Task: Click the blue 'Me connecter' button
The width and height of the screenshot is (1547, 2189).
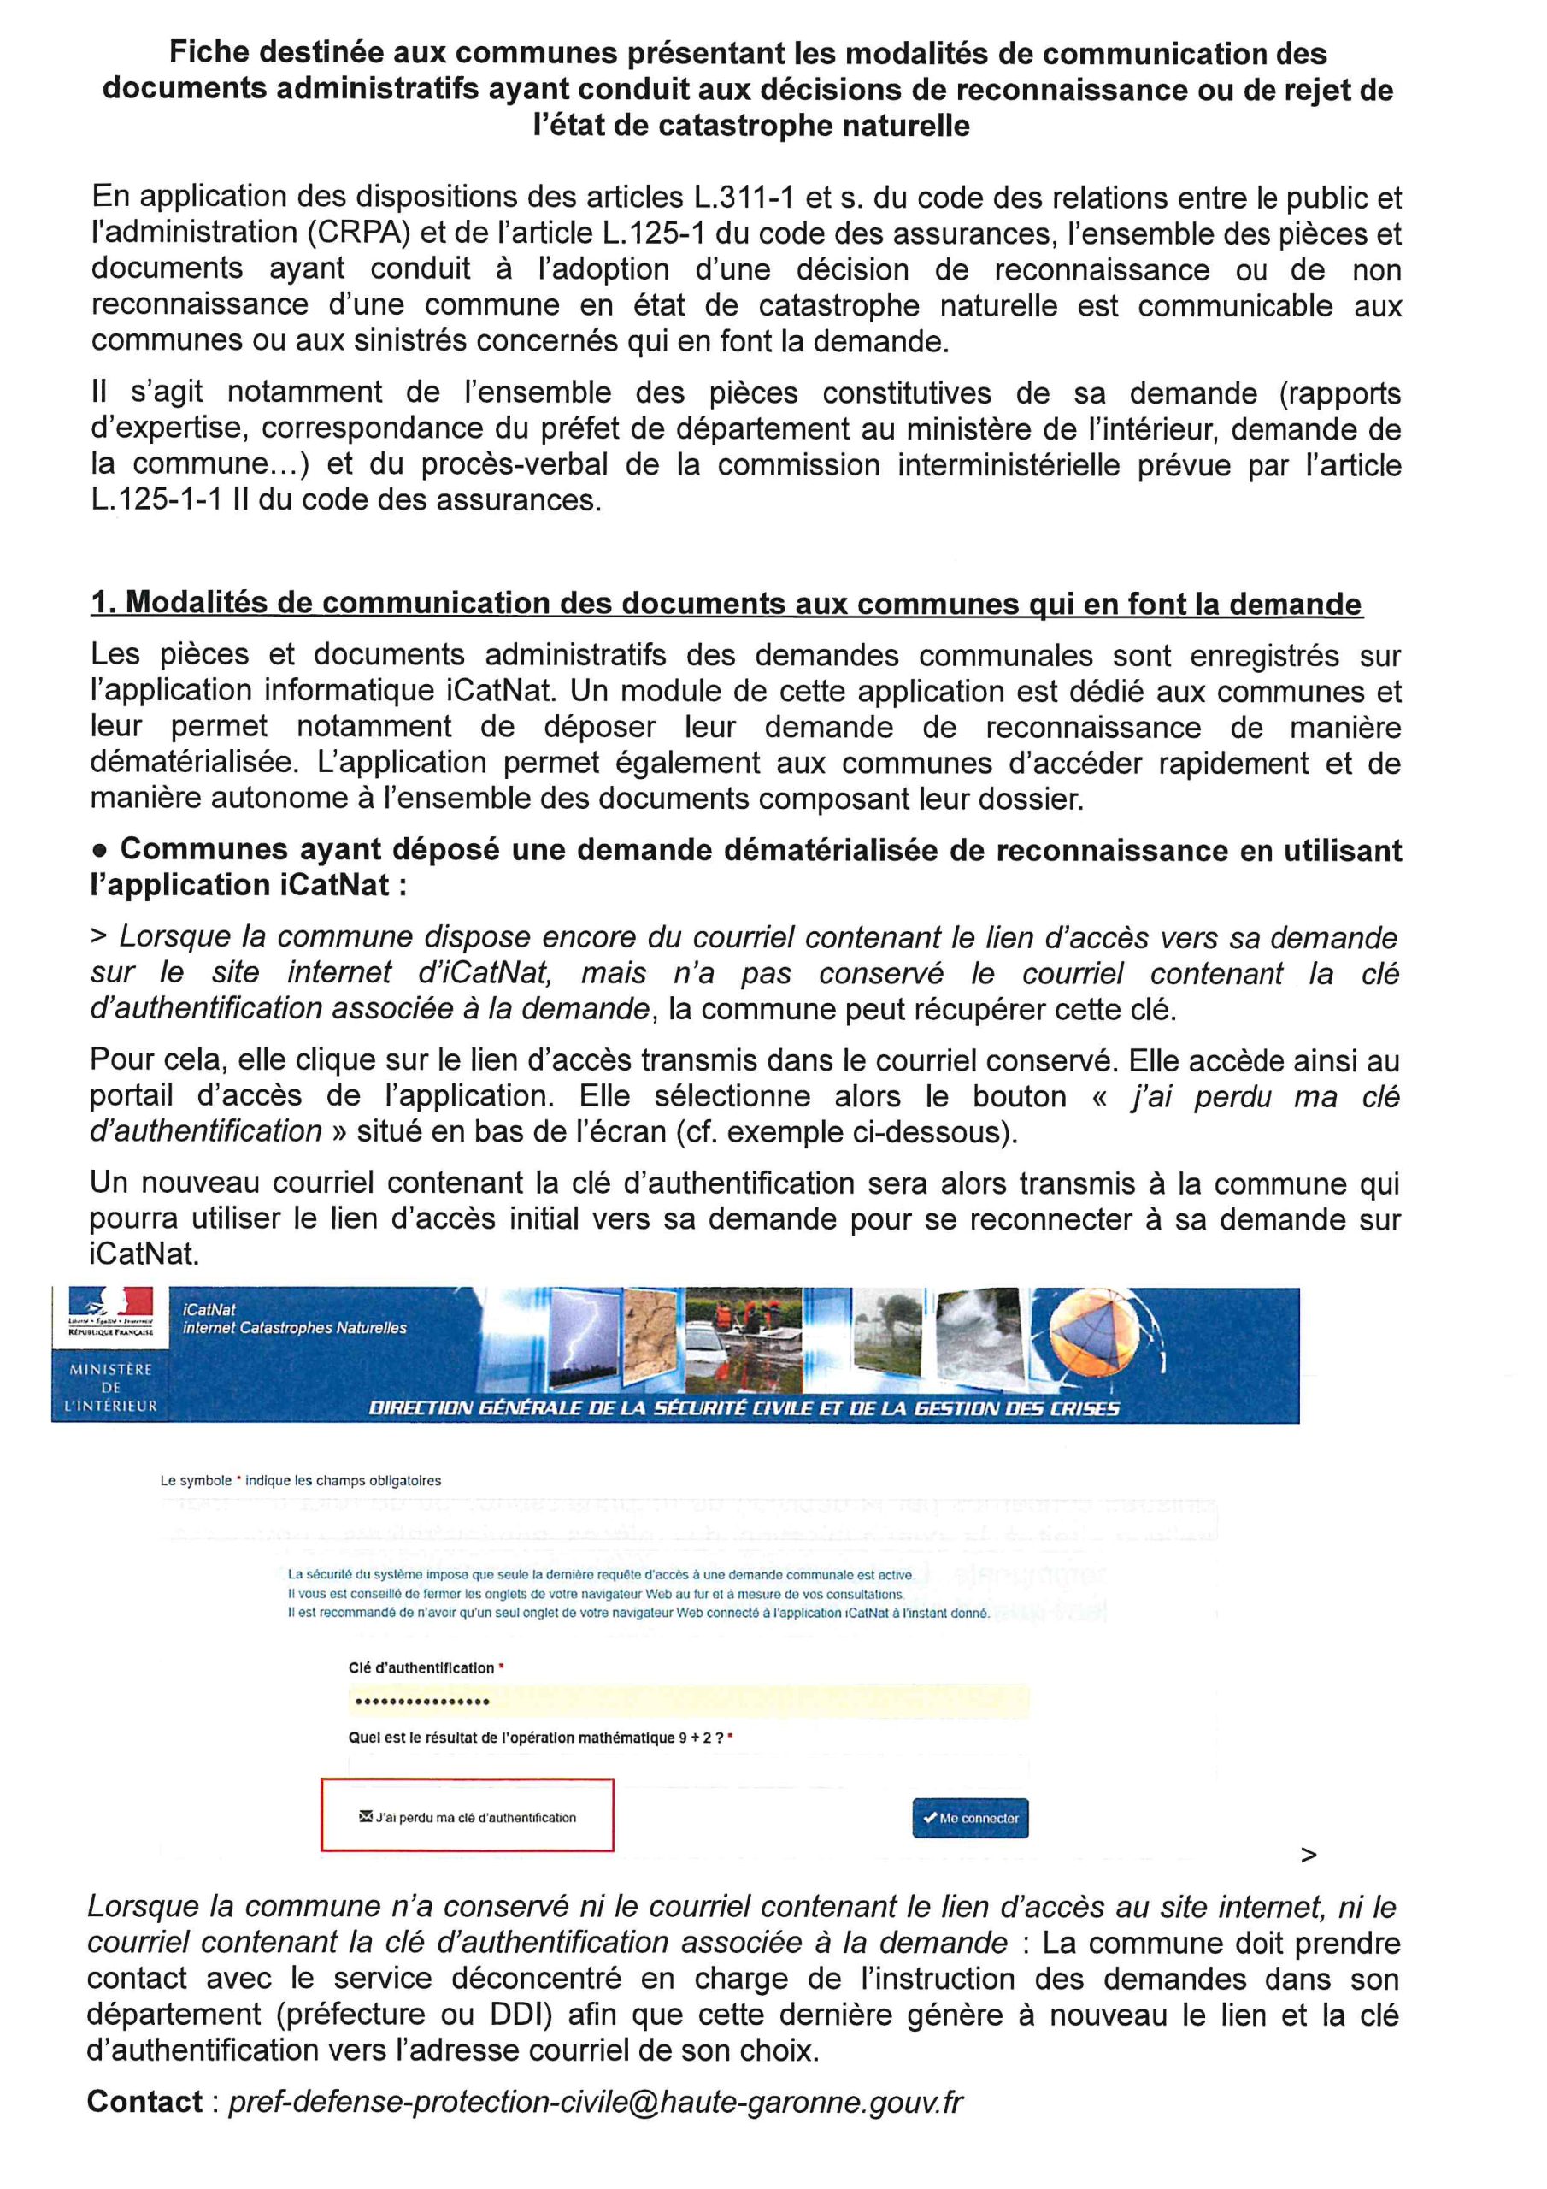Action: coord(969,1818)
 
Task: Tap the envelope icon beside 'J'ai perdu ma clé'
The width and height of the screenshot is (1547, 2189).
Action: coord(365,1816)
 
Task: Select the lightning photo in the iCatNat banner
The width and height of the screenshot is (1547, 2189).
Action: coord(585,1342)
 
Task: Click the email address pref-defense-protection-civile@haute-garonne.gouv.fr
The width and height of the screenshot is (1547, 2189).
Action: coord(596,2103)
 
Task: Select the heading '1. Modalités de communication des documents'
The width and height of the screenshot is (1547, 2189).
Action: coord(726,604)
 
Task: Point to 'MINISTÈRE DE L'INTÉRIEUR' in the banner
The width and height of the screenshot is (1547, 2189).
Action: coord(110,1387)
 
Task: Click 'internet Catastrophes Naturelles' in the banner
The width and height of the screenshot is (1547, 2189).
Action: coord(295,1328)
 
